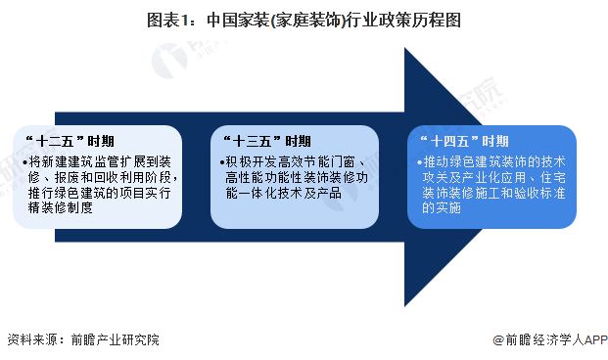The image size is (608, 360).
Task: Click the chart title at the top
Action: click(x=304, y=18)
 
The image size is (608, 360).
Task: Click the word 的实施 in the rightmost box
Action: click(x=442, y=208)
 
